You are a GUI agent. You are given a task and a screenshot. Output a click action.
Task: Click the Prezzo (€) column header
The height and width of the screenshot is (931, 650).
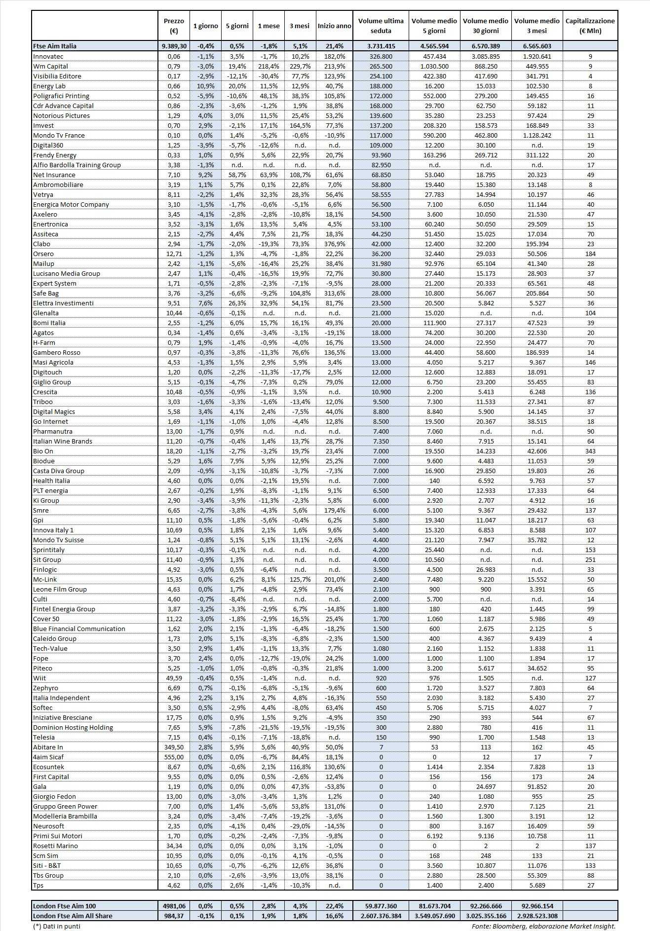click(x=174, y=26)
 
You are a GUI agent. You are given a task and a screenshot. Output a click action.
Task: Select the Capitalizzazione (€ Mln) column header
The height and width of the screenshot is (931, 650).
click(x=590, y=26)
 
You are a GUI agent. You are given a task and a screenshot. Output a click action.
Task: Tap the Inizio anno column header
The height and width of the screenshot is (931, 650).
click(x=334, y=26)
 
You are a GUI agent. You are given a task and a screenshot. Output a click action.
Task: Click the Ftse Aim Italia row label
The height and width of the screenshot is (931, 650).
click(x=55, y=46)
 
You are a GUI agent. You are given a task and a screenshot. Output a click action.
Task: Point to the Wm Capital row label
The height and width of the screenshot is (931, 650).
click(x=50, y=66)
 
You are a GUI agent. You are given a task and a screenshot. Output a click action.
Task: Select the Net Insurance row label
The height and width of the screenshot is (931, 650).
click(x=54, y=175)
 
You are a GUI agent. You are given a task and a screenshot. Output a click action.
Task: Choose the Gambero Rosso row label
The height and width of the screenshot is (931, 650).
click(x=56, y=352)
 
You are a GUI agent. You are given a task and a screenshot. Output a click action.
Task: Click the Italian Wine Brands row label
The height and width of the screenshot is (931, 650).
click(x=63, y=441)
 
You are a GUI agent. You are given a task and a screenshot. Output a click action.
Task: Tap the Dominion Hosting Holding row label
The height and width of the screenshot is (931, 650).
click(x=73, y=727)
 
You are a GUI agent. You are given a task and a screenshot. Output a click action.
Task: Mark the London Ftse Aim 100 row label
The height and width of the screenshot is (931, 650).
click(x=65, y=906)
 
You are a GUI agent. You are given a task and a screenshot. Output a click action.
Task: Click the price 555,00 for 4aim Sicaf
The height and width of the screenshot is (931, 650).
click(x=174, y=757)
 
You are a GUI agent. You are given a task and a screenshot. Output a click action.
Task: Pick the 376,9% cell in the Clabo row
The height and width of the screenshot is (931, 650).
click(x=334, y=244)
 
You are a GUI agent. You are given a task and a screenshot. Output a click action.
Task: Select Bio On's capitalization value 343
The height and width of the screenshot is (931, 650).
click(x=590, y=451)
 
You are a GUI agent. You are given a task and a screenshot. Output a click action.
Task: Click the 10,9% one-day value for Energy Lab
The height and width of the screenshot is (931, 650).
click(x=205, y=86)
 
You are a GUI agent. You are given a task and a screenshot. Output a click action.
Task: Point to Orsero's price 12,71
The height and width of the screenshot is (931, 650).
click(x=174, y=254)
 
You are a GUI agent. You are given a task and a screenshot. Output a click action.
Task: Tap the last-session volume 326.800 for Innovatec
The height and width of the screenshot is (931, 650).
click(x=381, y=56)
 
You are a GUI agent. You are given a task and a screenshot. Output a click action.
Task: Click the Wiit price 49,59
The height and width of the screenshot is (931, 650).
click(x=174, y=678)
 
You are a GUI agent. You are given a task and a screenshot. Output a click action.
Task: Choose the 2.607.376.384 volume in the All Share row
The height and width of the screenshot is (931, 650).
click(x=381, y=916)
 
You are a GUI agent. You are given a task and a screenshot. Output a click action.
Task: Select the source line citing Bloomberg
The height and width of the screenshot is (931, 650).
click(x=543, y=926)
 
